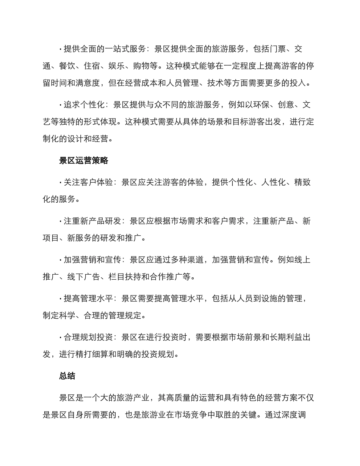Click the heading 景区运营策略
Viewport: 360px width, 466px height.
tap(84, 161)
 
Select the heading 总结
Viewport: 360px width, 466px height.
tap(67, 376)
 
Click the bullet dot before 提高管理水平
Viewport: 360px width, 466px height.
tap(60, 299)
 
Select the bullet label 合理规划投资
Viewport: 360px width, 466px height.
tap(88, 338)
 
